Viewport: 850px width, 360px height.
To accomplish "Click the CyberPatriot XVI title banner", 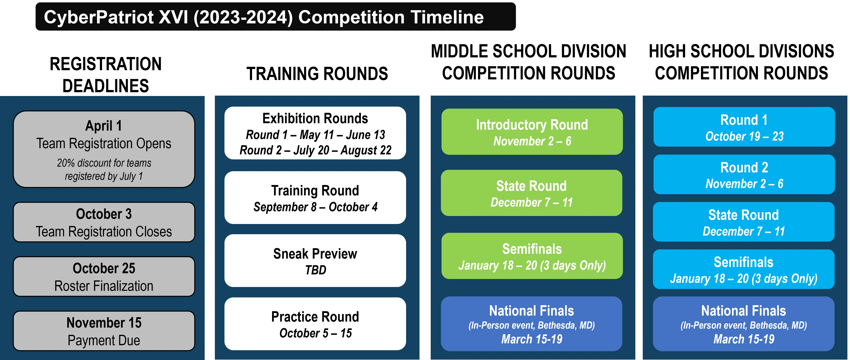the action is tap(275, 16).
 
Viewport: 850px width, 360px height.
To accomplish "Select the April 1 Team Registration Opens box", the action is tap(104, 149).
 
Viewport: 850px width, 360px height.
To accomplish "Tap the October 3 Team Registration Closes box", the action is tap(104, 222).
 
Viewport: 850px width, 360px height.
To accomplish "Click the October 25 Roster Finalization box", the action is tap(104, 277).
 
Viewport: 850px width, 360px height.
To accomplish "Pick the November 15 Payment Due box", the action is tap(104, 331).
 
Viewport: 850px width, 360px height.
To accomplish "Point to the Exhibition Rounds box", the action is tap(315, 133).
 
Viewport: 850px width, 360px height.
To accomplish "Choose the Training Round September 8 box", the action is tap(315, 198).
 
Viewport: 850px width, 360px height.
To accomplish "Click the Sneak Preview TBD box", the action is tap(315, 261).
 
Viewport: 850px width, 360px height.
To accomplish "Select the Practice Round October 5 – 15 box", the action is tap(315, 324).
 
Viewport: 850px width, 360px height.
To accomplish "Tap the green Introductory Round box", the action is tap(532, 132).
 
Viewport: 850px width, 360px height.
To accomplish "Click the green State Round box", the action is tap(532, 193).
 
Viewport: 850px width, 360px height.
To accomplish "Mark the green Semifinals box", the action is tap(532, 256).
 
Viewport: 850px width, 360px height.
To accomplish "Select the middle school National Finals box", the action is tap(532, 324).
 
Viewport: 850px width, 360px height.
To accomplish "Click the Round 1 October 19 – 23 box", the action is tap(744, 127).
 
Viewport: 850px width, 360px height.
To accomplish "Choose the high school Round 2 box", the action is tap(744, 174).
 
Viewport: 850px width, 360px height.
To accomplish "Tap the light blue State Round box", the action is tap(744, 222).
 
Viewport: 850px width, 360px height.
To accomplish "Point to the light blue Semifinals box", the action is tap(744, 269).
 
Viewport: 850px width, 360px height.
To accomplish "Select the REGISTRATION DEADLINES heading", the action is tap(106, 75).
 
